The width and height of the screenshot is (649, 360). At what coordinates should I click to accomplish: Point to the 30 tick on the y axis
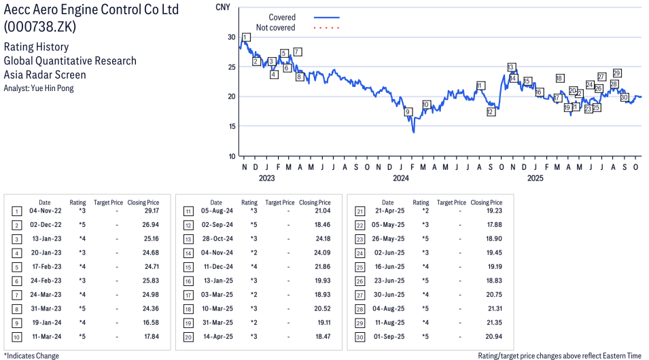[x=232, y=37]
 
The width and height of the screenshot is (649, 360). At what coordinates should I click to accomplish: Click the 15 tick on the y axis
[x=232, y=126]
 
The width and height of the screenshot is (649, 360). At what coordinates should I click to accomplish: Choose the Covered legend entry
[x=282, y=17]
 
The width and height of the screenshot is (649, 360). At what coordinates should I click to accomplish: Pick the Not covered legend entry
[x=275, y=28]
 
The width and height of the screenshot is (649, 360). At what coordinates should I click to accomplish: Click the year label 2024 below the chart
[x=400, y=179]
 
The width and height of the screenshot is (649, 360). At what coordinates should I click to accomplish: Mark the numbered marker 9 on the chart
[x=408, y=112]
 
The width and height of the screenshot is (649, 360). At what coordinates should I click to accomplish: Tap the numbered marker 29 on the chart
[x=617, y=73]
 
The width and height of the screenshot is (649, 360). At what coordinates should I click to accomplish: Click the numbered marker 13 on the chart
[x=511, y=67]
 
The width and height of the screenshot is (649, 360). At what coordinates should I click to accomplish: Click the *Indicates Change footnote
[x=32, y=355]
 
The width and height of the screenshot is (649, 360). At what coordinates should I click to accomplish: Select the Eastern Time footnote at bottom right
[x=559, y=355]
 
